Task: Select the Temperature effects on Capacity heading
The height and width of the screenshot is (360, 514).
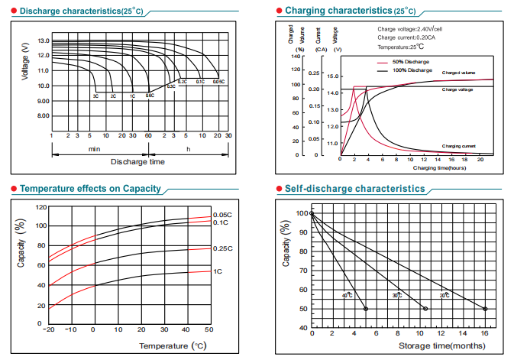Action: (90, 188)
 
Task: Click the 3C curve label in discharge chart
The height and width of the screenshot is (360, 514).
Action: (96, 96)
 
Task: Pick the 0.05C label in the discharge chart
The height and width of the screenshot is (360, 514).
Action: (218, 81)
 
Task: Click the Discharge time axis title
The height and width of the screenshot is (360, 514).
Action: (137, 162)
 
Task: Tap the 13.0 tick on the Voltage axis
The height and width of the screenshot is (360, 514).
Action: (44, 41)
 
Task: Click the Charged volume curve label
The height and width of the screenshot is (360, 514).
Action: (458, 73)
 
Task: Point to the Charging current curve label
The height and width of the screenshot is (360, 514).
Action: (459, 145)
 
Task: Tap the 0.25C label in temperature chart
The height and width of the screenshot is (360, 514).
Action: (222, 248)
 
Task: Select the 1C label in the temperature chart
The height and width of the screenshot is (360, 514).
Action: (218, 271)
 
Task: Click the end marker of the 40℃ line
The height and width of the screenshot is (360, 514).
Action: (366, 309)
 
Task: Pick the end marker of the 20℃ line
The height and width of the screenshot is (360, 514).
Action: (485, 309)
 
